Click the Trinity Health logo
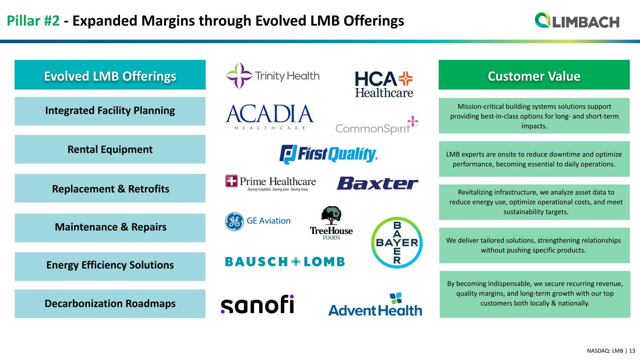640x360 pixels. pyautogui.click(x=272, y=75)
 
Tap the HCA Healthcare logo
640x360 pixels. pyautogui.click(x=384, y=84)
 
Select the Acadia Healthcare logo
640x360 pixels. pyautogui.click(x=270, y=117)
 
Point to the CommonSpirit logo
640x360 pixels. pyautogui.click(x=376, y=125)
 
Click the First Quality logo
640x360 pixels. pyautogui.click(x=329, y=154)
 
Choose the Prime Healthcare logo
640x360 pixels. pyautogui.click(x=271, y=183)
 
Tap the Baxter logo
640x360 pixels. pyautogui.click(x=377, y=183)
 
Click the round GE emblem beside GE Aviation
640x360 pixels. pyautogui.click(x=234, y=221)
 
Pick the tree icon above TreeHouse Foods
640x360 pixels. pyautogui.click(x=331, y=215)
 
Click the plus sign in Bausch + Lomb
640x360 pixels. pyautogui.click(x=296, y=262)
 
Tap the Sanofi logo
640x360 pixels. pyautogui.click(x=257, y=304)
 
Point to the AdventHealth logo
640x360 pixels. pyautogui.click(x=375, y=305)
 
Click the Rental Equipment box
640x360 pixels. pyautogui.click(x=110, y=150)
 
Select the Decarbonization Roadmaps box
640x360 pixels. pyautogui.click(x=110, y=304)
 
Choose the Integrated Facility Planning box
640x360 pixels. pyautogui.click(x=110, y=111)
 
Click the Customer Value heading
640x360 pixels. pyautogui.click(x=534, y=76)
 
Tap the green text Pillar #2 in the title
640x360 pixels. pyautogui.click(x=33, y=21)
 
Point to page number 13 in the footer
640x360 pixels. pyautogui.click(x=632, y=351)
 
